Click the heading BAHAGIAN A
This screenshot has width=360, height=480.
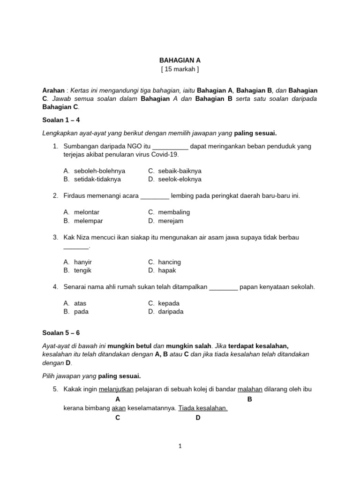tap(180, 60)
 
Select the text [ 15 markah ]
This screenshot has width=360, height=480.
tap(180, 69)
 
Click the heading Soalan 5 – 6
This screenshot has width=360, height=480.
tap(61, 333)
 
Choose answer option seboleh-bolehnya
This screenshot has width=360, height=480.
tap(99, 171)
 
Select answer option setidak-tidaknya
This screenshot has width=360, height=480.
tap(97, 180)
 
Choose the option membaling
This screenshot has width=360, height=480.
tap(174, 212)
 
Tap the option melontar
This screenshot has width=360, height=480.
tap(87, 212)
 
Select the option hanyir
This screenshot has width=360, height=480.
tap(83, 262)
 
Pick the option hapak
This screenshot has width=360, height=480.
tap(167, 270)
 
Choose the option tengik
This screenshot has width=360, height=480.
tap(82, 270)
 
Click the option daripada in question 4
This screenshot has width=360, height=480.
tap(171, 312)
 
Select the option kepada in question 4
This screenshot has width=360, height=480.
tap(169, 303)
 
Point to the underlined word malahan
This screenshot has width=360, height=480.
tap(250, 390)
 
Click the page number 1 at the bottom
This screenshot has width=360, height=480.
tap(180, 447)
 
